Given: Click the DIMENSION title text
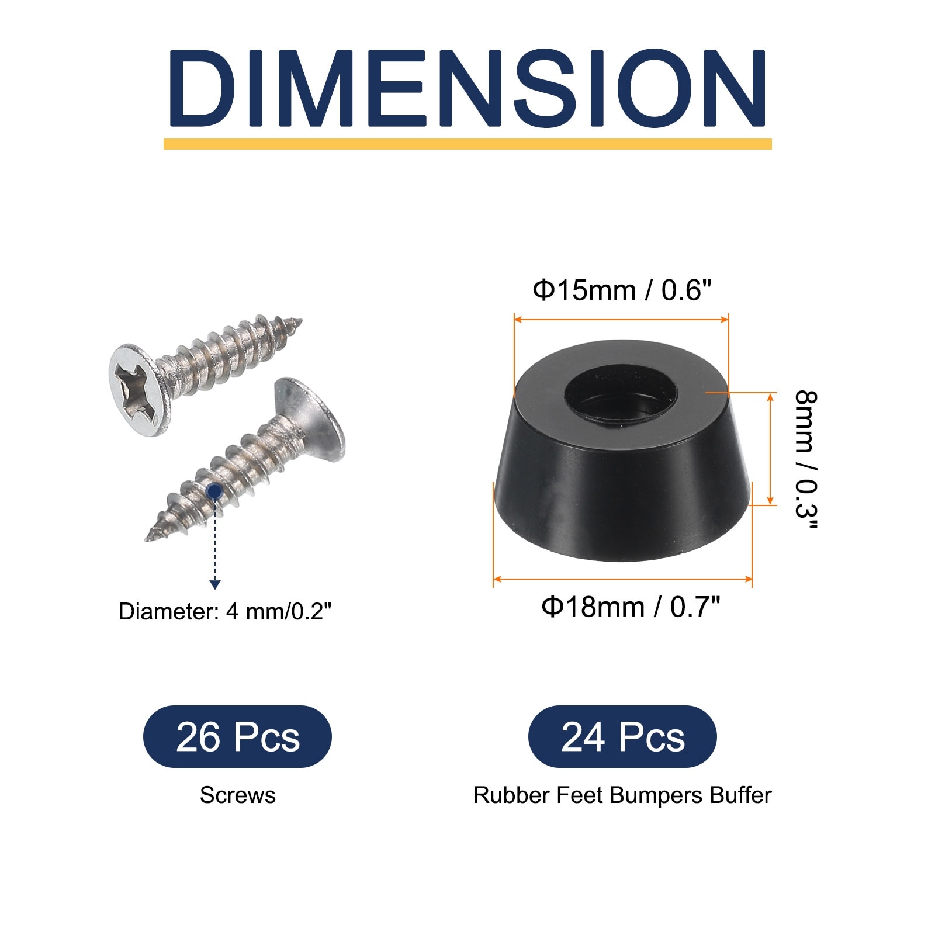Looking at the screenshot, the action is (467, 88).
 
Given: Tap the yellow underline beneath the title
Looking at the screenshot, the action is (467, 144).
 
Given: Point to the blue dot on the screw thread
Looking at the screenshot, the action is (215, 491).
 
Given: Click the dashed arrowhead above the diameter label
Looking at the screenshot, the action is (215, 584).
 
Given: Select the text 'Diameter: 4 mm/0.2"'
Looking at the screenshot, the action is (225, 612).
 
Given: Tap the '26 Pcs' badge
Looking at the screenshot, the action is (237, 736).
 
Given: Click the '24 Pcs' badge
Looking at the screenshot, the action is (622, 736).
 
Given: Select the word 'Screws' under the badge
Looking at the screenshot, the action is (237, 795).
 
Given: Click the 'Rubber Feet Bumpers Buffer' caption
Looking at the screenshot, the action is (622, 795).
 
